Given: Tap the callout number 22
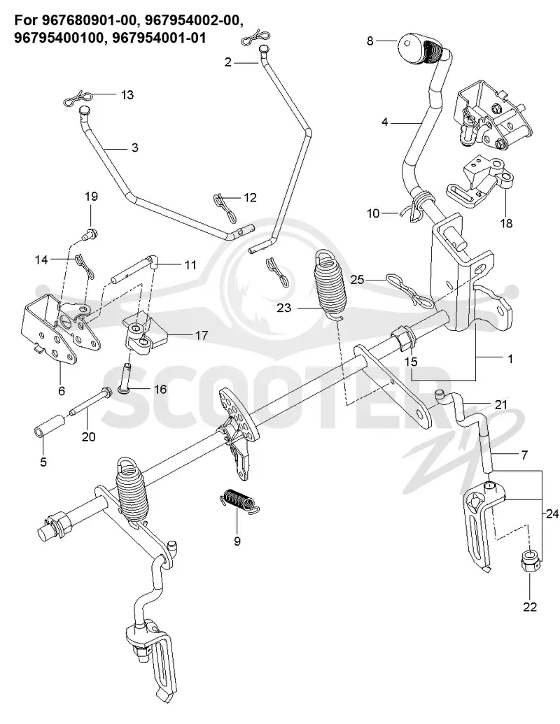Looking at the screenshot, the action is [529, 606].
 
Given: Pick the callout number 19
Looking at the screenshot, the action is [91, 197].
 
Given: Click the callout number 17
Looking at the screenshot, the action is [202, 335].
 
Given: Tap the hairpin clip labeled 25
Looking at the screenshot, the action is [411, 290].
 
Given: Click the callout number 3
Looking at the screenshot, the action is [134, 148].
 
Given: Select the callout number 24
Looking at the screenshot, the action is [552, 513].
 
